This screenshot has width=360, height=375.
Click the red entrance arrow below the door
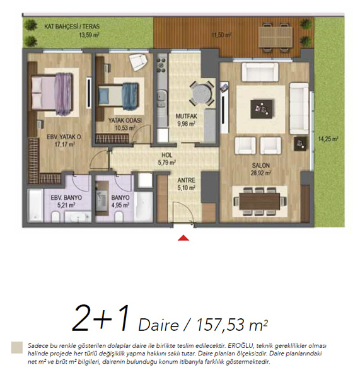click(x=183, y=238)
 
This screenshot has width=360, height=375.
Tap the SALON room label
click(x=261, y=165)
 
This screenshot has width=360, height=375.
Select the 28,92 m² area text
click(x=261, y=173)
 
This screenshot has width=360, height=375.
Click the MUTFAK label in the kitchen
click(x=187, y=116)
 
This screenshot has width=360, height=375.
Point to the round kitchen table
click(x=202, y=93)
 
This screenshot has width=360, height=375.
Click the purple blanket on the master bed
click(x=64, y=94)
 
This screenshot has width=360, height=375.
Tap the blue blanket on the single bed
click(x=131, y=96)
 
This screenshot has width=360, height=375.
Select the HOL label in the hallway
click(x=167, y=155)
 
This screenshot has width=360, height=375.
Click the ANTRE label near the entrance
click(x=186, y=180)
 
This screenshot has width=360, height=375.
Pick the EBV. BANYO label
click(x=66, y=198)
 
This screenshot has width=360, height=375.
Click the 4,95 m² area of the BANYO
click(x=120, y=205)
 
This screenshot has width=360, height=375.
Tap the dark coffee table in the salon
click(x=262, y=109)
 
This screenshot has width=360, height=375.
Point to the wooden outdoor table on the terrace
click(x=276, y=37)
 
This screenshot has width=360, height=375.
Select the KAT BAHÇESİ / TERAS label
click(x=72, y=26)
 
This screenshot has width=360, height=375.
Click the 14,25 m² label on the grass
click(x=328, y=139)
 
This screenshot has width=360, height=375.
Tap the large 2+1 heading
click(x=101, y=318)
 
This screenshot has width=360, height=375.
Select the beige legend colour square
click(x=17, y=347)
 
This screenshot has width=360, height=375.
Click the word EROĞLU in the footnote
click(x=241, y=346)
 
